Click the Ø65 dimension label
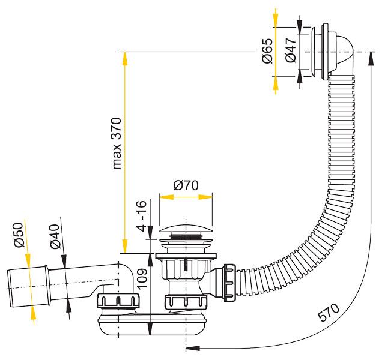click(x=267, y=50)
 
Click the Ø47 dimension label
click(x=290, y=50)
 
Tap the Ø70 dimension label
click(x=186, y=185)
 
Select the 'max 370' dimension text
click(x=117, y=143)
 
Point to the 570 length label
click(x=328, y=312)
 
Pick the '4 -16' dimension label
click(x=142, y=215)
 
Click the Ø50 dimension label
click(x=19, y=235)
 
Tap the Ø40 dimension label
click(x=55, y=236)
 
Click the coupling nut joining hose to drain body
click(x=229, y=283)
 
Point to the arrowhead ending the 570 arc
click(x=193, y=349)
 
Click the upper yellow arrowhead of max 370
click(x=124, y=59)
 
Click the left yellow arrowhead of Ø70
click(x=166, y=197)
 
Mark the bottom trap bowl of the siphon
click(x=153, y=325)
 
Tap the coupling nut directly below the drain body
click(x=186, y=302)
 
